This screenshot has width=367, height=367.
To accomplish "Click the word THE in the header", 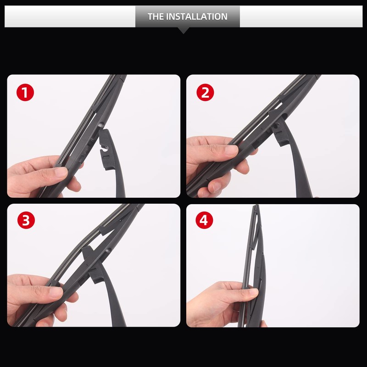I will pos(155,17).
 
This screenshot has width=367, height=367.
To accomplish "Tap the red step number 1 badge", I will pos(25,93).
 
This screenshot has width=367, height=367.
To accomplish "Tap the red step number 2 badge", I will pos(205,93).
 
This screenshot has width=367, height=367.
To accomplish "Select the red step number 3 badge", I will pos(25,220).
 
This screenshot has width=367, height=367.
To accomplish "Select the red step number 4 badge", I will pos(205,220).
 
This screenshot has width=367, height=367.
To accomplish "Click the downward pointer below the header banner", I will pos(183,30).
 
